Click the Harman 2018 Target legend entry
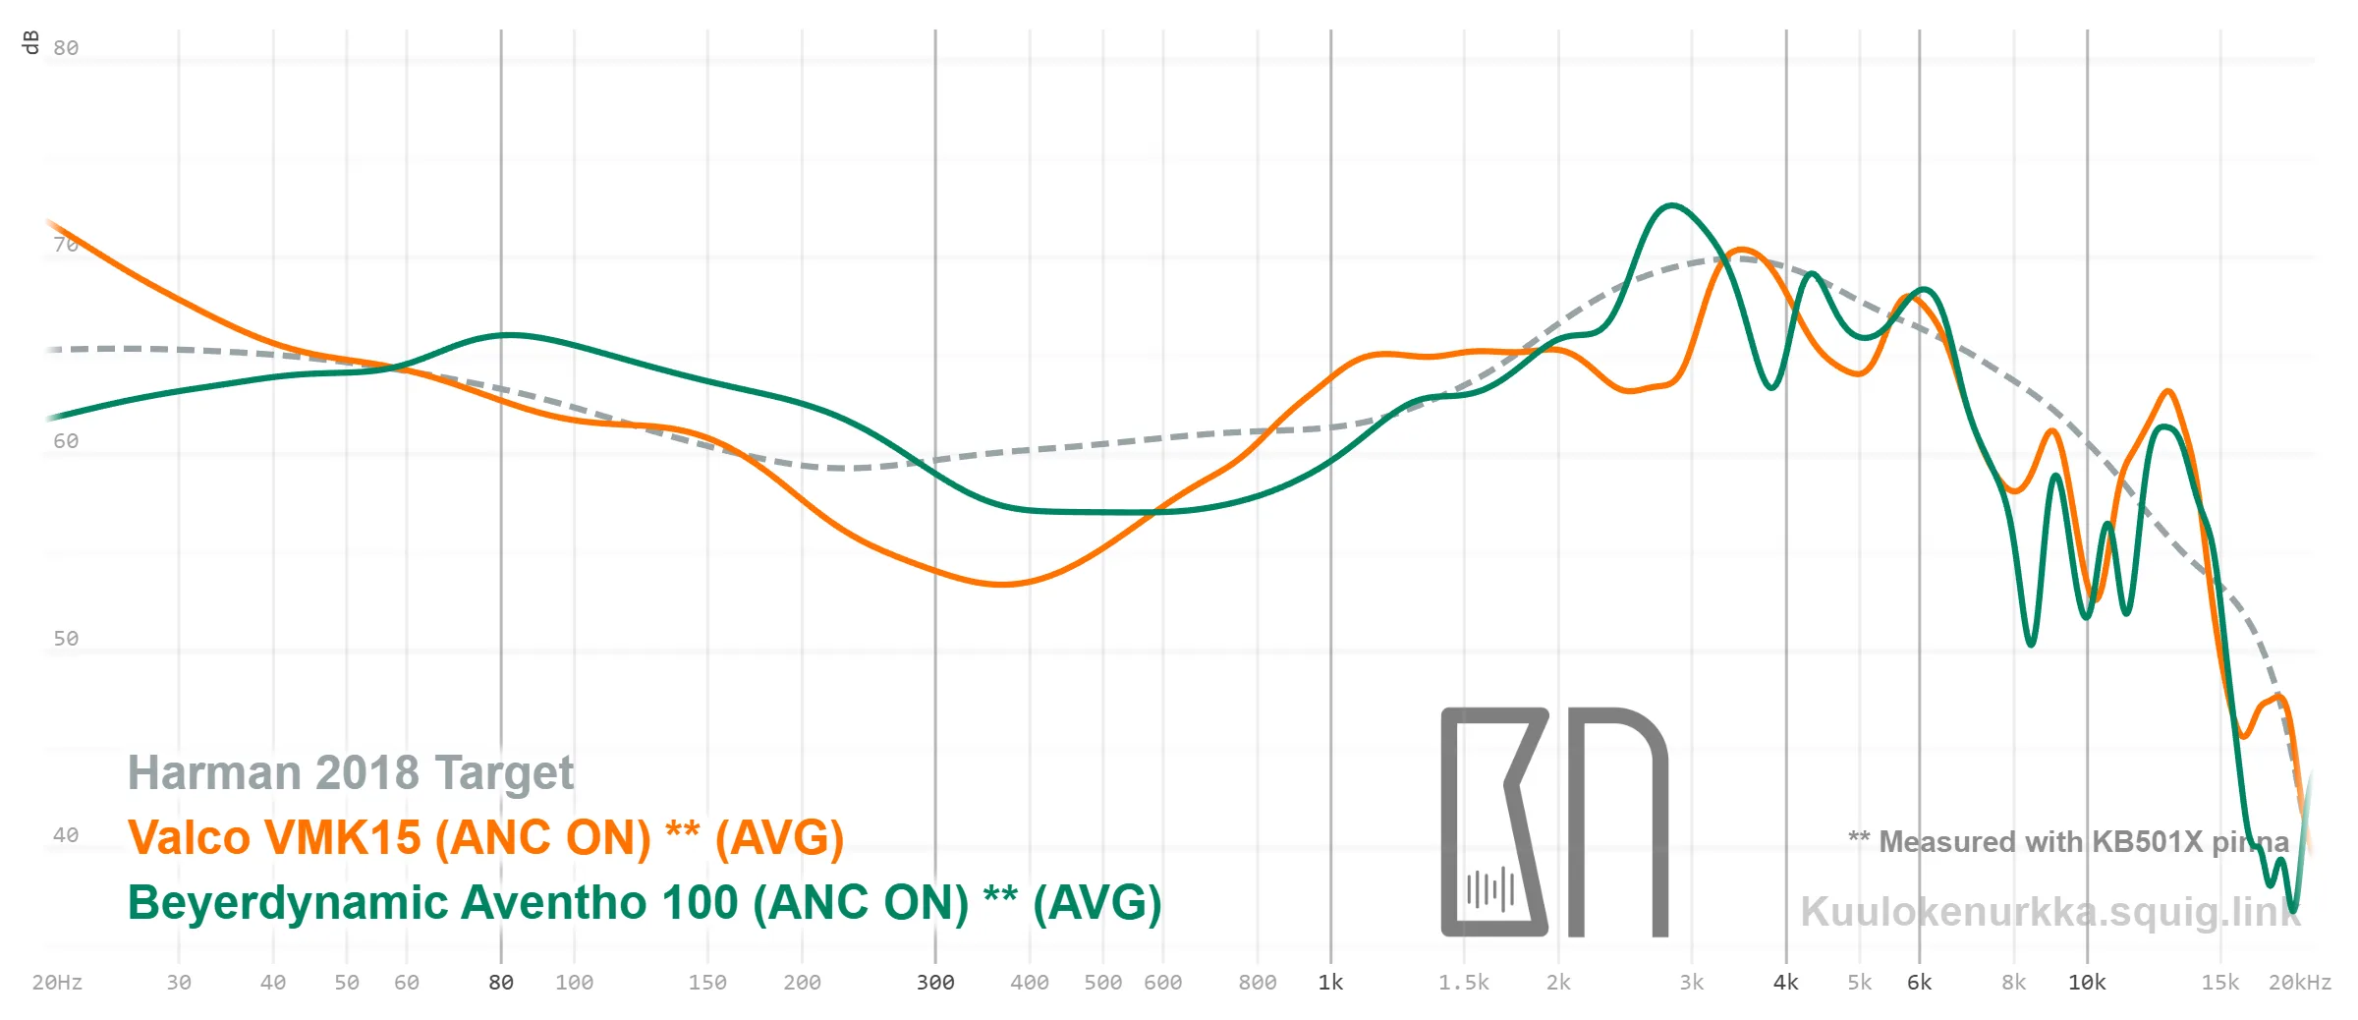(x=351, y=773)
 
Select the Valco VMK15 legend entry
(x=485, y=838)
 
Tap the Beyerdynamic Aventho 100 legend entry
(x=645, y=903)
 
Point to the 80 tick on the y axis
(x=66, y=48)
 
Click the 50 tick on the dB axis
(x=66, y=639)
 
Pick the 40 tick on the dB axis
(x=66, y=835)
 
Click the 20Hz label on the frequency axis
(x=57, y=983)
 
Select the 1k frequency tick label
(x=1330, y=983)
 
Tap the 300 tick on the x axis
(x=935, y=983)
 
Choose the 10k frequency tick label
(x=2087, y=983)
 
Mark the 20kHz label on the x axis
(x=2299, y=983)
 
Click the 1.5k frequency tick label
(x=1464, y=983)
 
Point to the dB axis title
(x=30, y=42)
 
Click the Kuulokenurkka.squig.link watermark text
(x=2050, y=912)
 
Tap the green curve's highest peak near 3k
(x=1671, y=205)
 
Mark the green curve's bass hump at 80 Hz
(x=505, y=335)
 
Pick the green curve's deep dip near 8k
(x=2031, y=644)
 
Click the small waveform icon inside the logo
(x=1490, y=889)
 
